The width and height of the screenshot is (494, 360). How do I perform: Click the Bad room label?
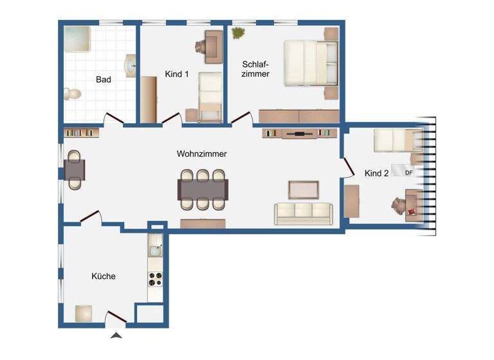point(104,80)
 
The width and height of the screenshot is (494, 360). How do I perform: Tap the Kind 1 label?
point(177,75)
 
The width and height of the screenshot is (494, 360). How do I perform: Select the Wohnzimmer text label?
point(202,154)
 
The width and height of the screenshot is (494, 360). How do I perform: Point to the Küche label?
point(104,276)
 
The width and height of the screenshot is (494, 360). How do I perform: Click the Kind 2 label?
point(377,173)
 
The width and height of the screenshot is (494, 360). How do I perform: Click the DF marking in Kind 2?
point(408,172)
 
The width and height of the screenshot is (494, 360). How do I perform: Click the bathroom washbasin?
point(131,65)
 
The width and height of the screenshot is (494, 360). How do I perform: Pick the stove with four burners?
point(156,278)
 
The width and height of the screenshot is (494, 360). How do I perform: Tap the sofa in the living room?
point(303,213)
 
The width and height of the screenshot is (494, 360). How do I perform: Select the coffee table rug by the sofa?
point(303,190)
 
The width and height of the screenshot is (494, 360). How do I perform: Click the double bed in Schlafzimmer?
point(311,63)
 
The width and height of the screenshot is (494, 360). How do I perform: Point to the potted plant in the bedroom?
point(239,32)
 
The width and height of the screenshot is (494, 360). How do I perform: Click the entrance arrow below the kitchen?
point(115,335)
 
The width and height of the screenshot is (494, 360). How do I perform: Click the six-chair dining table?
point(203,189)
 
